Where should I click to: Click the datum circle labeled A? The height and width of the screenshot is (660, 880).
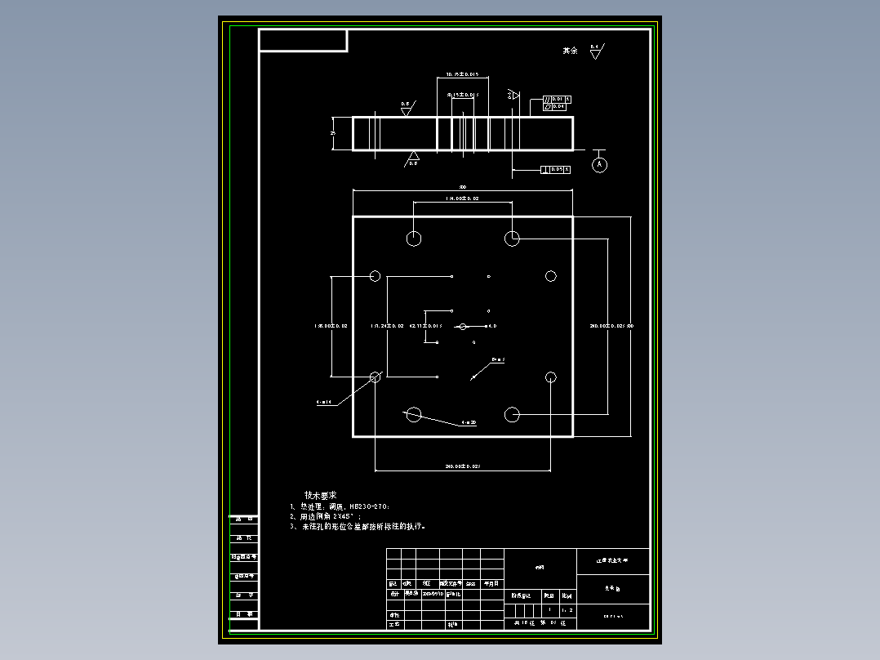(600, 165)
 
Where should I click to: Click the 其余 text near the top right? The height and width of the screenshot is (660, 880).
(570, 51)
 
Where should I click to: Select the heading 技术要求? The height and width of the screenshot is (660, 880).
(320, 495)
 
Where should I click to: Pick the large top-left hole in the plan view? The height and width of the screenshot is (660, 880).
(414, 238)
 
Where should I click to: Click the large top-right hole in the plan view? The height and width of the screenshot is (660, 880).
(512, 238)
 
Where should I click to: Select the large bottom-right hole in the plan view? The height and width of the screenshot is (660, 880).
(512, 415)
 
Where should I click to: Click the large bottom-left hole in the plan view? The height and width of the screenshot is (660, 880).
(414, 415)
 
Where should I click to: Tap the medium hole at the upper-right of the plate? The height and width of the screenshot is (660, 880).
(551, 276)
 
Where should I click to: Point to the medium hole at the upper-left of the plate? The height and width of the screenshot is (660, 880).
(376, 276)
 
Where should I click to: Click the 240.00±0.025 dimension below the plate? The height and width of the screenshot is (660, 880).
(462, 466)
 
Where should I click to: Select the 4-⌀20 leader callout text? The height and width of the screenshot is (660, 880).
(469, 422)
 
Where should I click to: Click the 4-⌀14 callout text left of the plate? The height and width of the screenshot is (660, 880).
(323, 403)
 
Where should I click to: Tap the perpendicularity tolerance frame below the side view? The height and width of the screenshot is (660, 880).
(555, 169)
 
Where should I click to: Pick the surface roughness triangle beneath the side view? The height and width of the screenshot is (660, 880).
(414, 156)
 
